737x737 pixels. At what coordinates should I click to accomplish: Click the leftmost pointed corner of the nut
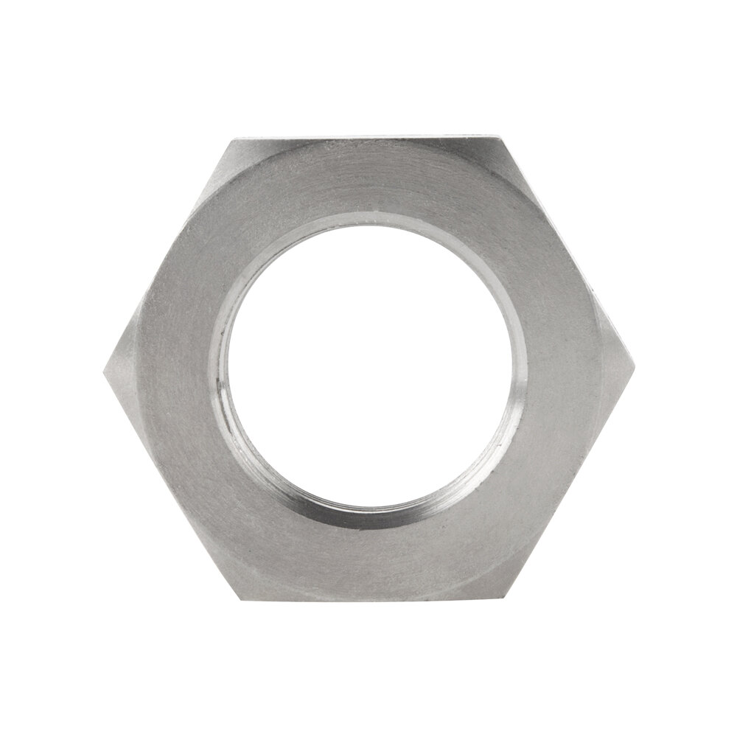[103, 367]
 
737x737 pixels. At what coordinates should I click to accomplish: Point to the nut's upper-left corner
[234, 139]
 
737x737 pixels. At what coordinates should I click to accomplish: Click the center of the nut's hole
[369, 366]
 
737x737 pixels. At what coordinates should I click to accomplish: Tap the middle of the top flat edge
[368, 138]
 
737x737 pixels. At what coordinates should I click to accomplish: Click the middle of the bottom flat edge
[368, 596]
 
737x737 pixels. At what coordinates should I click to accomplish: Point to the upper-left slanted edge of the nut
[169, 253]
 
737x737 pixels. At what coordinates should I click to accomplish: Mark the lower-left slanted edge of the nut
[170, 481]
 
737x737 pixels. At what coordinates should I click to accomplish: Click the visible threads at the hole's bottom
[368, 512]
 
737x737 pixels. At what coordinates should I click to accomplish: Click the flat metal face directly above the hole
[368, 181]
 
